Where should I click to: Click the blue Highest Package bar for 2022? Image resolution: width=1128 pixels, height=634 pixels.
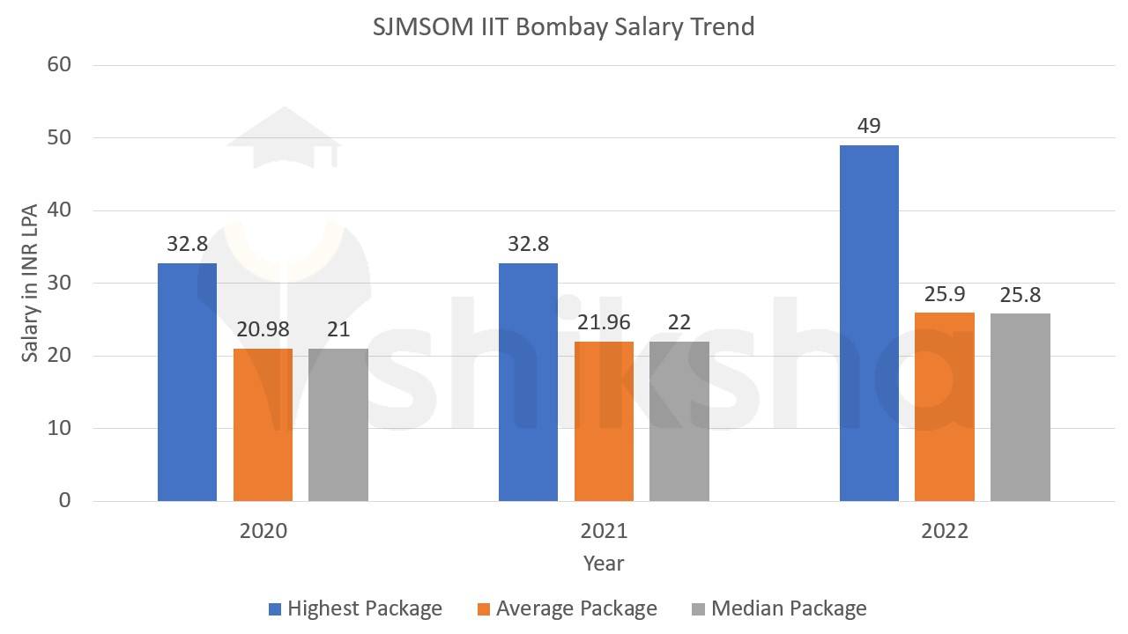(869, 323)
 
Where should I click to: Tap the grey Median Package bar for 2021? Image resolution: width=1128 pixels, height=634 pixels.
(679, 421)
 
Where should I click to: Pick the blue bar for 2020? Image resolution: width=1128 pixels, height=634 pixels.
(187, 381)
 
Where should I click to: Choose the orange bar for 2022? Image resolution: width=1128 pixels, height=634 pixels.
(945, 406)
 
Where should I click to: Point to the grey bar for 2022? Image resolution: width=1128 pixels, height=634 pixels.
(1020, 407)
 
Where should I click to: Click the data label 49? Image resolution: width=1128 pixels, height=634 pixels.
(869, 126)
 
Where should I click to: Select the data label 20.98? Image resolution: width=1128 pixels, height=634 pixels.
(263, 329)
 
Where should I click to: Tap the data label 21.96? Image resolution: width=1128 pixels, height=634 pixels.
(604, 322)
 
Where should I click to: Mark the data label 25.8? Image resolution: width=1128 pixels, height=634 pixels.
(1020, 295)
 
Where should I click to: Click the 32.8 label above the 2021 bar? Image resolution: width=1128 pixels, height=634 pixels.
(528, 244)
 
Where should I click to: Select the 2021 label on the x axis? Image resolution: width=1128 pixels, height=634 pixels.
(604, 531)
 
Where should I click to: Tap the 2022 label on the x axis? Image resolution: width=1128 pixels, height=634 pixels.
(945, 531)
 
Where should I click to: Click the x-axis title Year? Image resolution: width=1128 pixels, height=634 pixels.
(604, 564)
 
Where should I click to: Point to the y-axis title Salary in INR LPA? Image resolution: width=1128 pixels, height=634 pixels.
(30, 282)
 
